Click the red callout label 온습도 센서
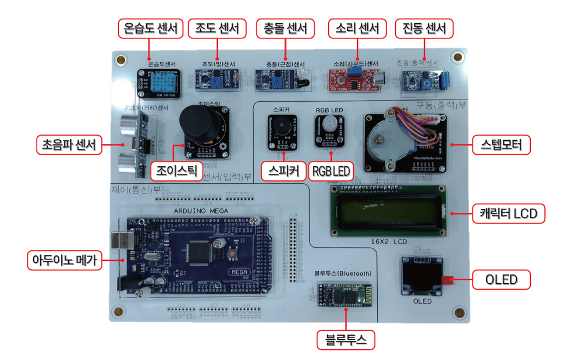click(150, 28)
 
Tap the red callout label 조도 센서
click(217, 28)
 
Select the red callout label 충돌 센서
click(285, 28)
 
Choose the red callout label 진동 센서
click(424, 28)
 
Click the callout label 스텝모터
click(501, 145)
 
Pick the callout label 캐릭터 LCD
click(508, 213)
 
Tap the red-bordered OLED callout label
click(501, 280)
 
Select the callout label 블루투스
click(346, 340)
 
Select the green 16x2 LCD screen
click(388, 211)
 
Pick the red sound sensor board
click(355, 80)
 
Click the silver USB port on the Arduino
click(120, 243)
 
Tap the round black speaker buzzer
click(282, 127)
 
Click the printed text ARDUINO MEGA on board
click(202, 211)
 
